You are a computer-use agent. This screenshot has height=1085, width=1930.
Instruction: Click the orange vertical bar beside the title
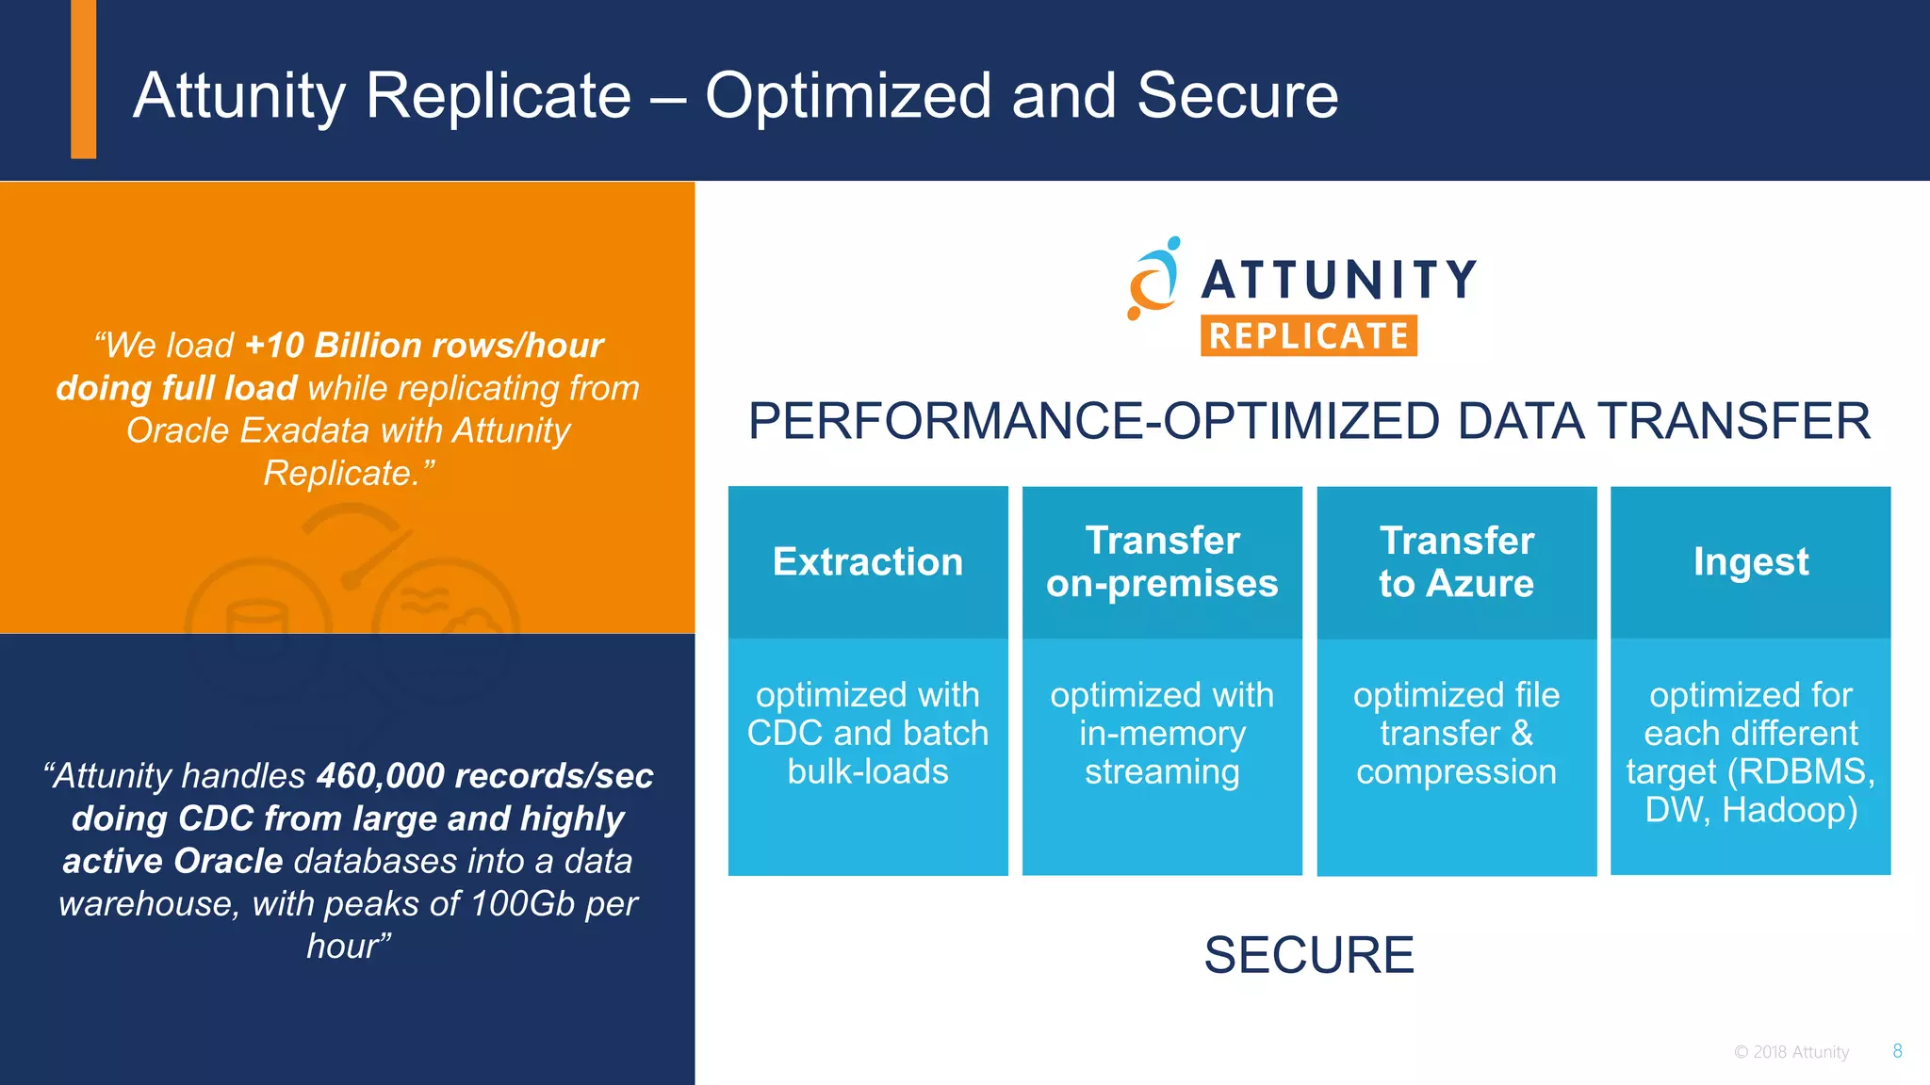click(83, 79)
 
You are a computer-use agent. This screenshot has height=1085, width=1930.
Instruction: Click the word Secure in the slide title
click(1236, 96)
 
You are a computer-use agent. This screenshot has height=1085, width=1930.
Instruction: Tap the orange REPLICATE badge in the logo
click(1308, 335)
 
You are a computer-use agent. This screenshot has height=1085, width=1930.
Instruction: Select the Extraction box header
click(868, 562)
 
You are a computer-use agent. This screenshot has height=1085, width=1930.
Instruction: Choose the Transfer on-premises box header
click(1162, 562)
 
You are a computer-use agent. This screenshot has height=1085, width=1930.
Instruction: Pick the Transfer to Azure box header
click(1456, 562)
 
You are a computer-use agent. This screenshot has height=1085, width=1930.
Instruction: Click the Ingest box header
click(1750, 562)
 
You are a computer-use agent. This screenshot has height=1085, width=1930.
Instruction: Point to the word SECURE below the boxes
click(1308, 955)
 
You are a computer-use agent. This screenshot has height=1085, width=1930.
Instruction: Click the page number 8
click(1897, 1051)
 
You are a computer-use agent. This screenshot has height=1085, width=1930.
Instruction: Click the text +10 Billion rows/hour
click(423, 346)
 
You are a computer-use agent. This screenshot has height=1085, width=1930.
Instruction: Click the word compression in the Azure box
click(1456, 772)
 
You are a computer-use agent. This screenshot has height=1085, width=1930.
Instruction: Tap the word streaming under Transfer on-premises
click(1162, 772)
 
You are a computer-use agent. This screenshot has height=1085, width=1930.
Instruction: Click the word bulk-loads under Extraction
click(868, 772)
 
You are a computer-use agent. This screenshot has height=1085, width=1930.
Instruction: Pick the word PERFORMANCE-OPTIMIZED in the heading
click(1093, 421)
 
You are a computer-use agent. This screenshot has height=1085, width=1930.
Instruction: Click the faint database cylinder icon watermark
click(256, 629)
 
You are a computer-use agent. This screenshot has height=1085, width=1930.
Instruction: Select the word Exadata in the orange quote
click(304, 430)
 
